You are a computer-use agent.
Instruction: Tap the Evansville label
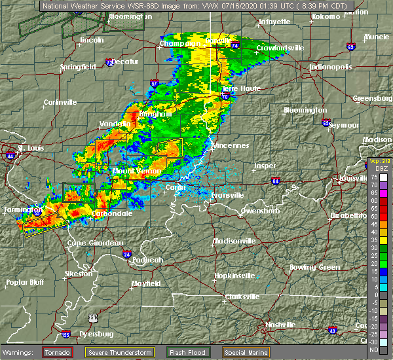click(228, 195)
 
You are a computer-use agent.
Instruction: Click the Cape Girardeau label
click(96, 243)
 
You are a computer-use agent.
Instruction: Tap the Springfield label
click(79, 67)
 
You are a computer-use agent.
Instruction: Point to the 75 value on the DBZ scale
click(373, 177)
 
